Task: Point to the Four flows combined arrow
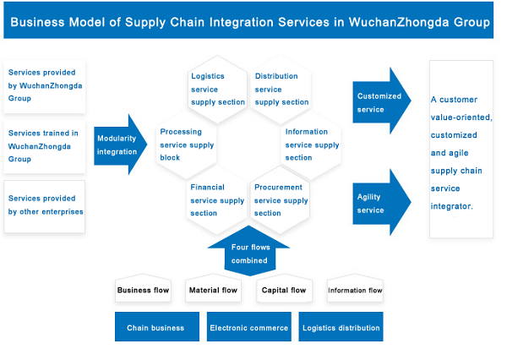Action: (249, 253)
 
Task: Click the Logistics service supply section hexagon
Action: (217, 89)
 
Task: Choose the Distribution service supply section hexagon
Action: (281, 89)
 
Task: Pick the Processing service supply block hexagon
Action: (186, 145)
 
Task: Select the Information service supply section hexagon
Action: (312, 145)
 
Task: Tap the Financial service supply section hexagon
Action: (217, 200)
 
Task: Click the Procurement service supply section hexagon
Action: (281, 200)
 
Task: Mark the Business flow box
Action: (143, 290)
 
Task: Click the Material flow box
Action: (212, 290)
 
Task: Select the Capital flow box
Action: (284, 290)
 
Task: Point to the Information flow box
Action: (355, 290)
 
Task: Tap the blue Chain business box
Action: (155, 327)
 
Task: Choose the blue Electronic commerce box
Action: (248, 327)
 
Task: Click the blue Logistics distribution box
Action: (341, 327)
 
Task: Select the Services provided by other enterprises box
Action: (46, 205)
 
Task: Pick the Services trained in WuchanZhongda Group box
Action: (46, 146)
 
